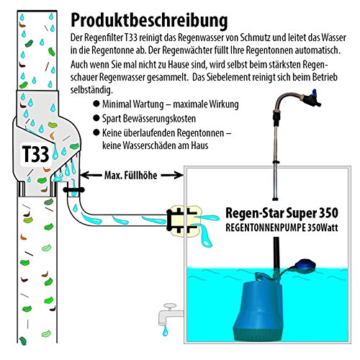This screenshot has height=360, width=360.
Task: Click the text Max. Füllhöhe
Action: pyautogui.click(x=130, y=175)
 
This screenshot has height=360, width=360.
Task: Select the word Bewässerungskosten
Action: pyautogui.click(x=173, y=119)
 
